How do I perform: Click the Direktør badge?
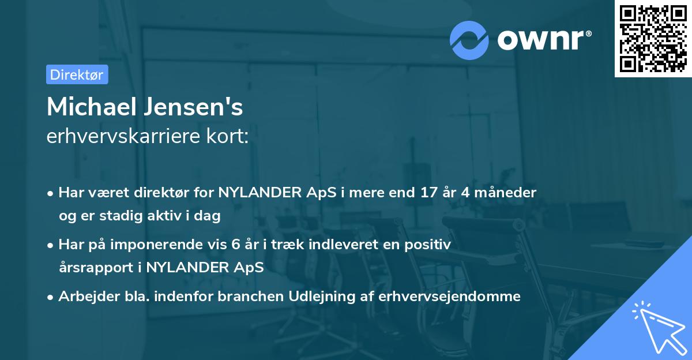tap(77, 74)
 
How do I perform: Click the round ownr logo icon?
tap(468, 40)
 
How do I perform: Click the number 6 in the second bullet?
tap(235, 245)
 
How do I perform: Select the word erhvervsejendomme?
tap(450, 297)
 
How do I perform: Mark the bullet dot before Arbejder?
tap(51, 297)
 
